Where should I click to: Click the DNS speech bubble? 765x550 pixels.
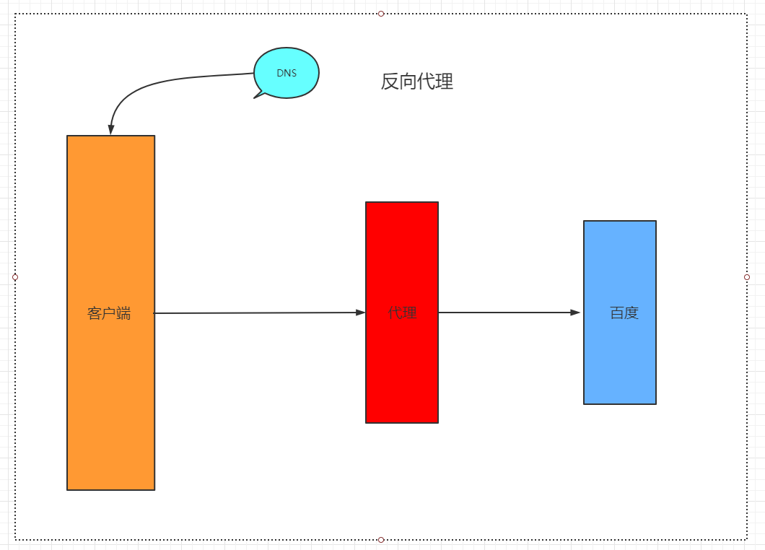pyautogui.click(x=287, y=73)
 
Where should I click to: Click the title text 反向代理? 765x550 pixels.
pyautogui.click(x=417, y=82)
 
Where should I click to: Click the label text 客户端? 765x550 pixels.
pyautogui.click(x=110, y=313)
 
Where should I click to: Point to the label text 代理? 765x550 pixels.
pyautogui.click(x=403, y=313)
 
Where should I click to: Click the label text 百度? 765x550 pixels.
pyautogui.click(x=624, y=313)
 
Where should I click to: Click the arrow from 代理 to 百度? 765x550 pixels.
pyautogui.click(x=505, y=313)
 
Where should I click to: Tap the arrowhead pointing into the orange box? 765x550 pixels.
pyautogui.click(x=110, y=129)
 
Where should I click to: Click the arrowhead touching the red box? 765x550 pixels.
pyautogui.click(x=360, y=313)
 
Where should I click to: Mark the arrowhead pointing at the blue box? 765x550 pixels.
pyautogui.click(x=575, y=313)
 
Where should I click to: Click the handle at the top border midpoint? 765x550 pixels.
pyautogui.click(x=381, y=14)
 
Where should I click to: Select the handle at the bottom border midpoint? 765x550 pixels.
pyautogui.click(x=381, y=540)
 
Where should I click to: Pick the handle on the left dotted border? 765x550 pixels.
pyautogui.click(x=15, y=276)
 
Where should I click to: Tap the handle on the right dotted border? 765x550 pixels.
pyautogui.click(x=747, y=277)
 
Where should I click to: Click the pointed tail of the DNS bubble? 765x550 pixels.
pyautogui.click(x=257, y=95)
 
